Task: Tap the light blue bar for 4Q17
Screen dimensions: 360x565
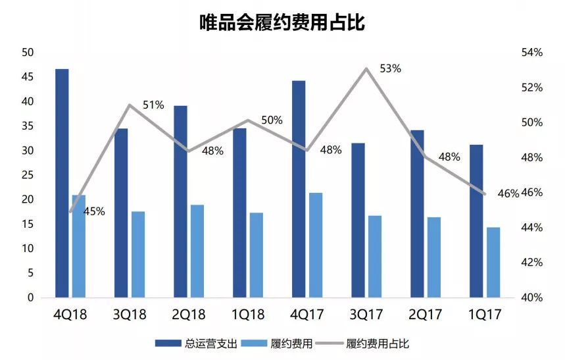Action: click(x=316, y=245)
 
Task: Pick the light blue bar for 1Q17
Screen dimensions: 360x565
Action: click(x=493, y=262)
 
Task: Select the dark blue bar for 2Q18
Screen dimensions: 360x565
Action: click(x=180, y=201)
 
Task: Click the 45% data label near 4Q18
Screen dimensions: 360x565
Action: click(x=94, y=212)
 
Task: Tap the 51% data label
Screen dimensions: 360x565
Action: click(x=153, y=105)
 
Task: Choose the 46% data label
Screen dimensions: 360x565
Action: click(x=508, y=193)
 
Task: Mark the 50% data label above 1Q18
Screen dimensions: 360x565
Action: click(x=272, y=120)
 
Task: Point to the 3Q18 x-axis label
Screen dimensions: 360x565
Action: click(x=130, y=314)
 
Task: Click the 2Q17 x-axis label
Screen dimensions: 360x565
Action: click(x=426, y=314)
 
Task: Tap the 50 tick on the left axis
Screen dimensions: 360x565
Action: click(x=28, y=53)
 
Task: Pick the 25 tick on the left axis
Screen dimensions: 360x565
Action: click(x=28, y=175)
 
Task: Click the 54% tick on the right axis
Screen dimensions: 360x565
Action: click(x=531, y=53)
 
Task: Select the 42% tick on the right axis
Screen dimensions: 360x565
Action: click(x=531, y=263)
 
